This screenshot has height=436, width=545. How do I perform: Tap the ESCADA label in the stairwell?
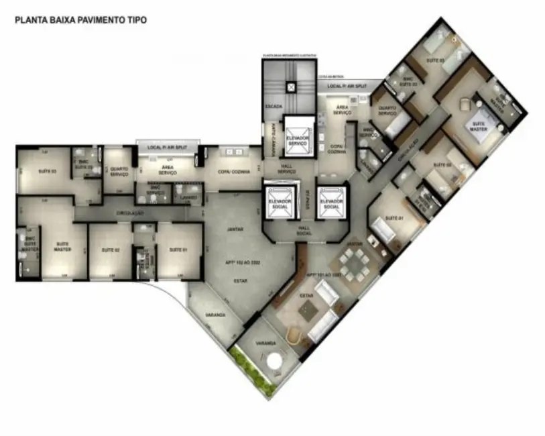[274, 107]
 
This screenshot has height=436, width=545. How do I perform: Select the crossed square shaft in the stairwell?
[290, 87]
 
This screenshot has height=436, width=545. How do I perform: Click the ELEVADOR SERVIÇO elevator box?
[298, 137]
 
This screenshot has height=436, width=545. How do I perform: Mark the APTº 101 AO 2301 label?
[324, 275]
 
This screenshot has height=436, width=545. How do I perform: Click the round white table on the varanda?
[276, 363]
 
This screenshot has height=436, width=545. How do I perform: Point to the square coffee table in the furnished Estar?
[309, 309]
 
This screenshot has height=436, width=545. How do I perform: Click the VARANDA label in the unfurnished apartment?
[216, 315]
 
